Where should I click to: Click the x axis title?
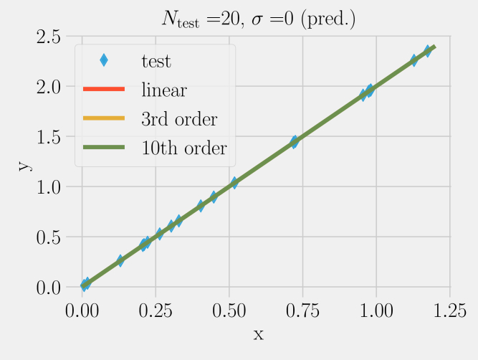259,334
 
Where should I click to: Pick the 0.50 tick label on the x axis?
229,311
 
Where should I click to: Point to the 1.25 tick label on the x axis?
449,311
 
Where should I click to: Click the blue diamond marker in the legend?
105,60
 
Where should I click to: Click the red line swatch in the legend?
105,90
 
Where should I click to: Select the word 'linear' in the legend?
164,90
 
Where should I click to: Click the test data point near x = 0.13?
120,261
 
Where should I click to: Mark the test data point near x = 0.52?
234,184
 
